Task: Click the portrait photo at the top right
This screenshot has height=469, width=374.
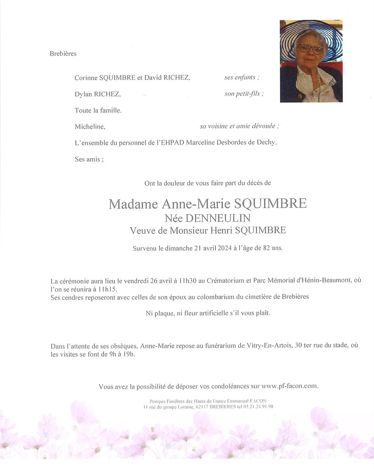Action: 311,61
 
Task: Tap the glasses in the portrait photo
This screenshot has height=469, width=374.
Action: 310,48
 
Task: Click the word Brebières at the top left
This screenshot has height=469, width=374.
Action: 63,53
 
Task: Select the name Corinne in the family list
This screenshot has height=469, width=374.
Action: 86,78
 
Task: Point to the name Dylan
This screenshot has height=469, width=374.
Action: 84,94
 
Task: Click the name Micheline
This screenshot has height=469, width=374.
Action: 90,127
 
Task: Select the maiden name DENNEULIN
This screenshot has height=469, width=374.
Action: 218,218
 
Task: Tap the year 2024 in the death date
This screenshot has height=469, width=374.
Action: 224,248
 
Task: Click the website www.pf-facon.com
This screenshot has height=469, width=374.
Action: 290,386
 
